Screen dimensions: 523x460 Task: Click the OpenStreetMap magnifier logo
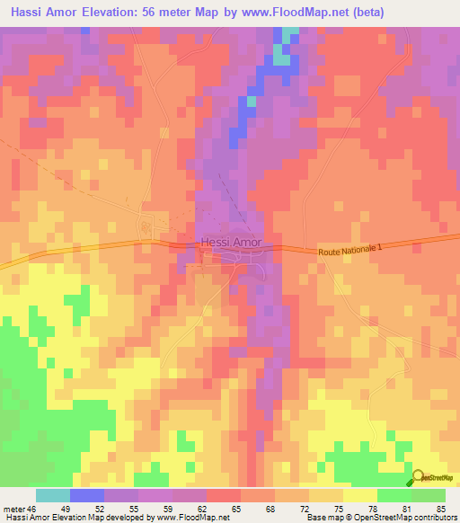pyautogui.click(x=419, y=478)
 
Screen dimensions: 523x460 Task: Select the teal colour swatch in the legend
pyautogui.click(x=52, y=495)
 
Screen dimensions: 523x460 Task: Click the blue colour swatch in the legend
pyautogui.click(x=86, y=495)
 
